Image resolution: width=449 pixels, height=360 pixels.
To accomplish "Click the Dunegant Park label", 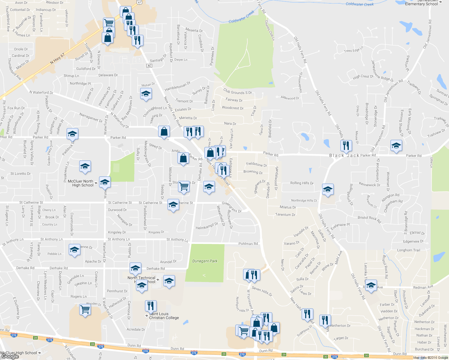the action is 205,261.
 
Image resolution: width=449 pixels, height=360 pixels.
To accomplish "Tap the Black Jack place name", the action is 344,155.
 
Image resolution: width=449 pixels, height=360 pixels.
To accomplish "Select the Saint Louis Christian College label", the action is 164,316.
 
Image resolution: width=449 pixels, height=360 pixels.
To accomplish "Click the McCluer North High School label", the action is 80,183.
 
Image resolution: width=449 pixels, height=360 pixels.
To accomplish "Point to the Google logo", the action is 10,356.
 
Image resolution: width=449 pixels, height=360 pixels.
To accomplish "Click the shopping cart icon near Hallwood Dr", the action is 85,309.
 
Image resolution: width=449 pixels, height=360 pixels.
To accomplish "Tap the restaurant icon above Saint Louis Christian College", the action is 151,306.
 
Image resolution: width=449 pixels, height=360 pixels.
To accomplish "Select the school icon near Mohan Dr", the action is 146,94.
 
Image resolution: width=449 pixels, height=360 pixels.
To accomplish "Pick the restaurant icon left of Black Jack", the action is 346,146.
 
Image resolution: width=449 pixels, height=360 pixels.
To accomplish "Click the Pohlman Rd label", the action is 248,244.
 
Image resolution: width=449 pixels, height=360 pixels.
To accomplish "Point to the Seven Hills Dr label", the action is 262,291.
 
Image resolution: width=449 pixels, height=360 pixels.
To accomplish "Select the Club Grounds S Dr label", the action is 237,91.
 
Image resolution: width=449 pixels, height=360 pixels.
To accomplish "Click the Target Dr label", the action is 341,338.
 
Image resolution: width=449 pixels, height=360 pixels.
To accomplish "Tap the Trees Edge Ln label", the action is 354,49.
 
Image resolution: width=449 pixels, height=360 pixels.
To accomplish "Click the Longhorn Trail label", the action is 408,250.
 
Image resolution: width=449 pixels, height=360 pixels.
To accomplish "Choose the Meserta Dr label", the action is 194,30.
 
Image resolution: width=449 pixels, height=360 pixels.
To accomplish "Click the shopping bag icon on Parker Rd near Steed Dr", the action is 164,131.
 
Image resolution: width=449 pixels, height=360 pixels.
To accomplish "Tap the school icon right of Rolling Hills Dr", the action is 328,189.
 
